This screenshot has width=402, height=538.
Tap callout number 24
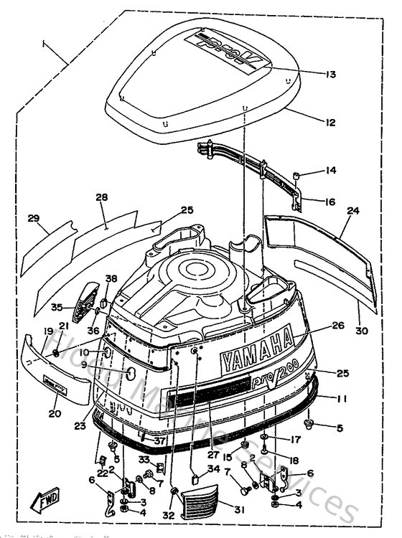(x=352, y=212)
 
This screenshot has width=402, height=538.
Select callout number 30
(x=361, y=331)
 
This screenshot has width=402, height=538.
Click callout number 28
(x=101, y=197)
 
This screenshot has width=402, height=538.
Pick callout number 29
(x=33, y=218)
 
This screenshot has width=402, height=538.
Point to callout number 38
(x=111, y=278)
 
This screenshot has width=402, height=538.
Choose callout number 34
(x=213, y=470)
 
